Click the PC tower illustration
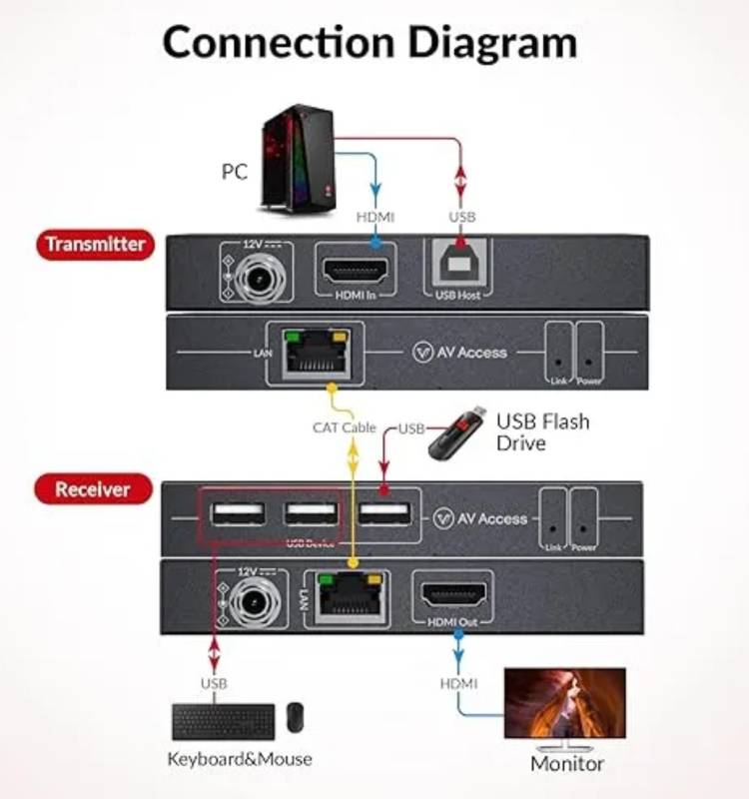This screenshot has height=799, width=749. pyautogui.click(x=298, y=162)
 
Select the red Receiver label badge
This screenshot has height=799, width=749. pyautogui.click(x=93, y=489)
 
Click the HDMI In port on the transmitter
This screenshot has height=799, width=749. pyautogui.click(x=356, y=270)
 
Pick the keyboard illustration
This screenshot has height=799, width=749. pyautogui.click(x=223, y=721)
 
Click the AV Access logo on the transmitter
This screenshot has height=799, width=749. pyautogui.click(x=460, y=352)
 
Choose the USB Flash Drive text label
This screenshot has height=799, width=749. pyautogui.click(x=542, y=431)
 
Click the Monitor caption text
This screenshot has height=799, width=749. pyautogui.click(x=566, y=764)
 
